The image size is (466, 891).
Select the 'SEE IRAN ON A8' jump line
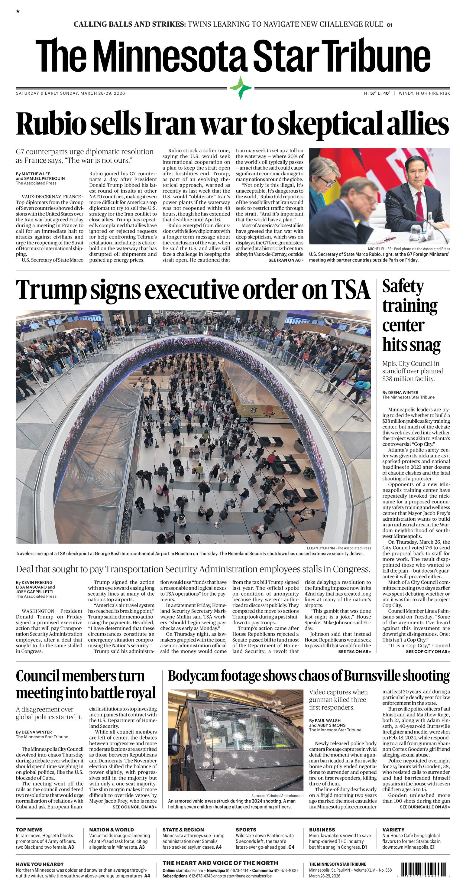tap(286, 260)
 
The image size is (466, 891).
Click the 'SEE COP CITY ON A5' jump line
tap(428, 652)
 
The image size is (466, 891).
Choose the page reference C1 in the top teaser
tap(389, 25)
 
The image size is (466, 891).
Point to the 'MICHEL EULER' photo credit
tap(379, 249)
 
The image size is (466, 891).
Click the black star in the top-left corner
tap(18, 11)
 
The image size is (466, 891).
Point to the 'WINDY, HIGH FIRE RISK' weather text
tap(424, 93)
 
